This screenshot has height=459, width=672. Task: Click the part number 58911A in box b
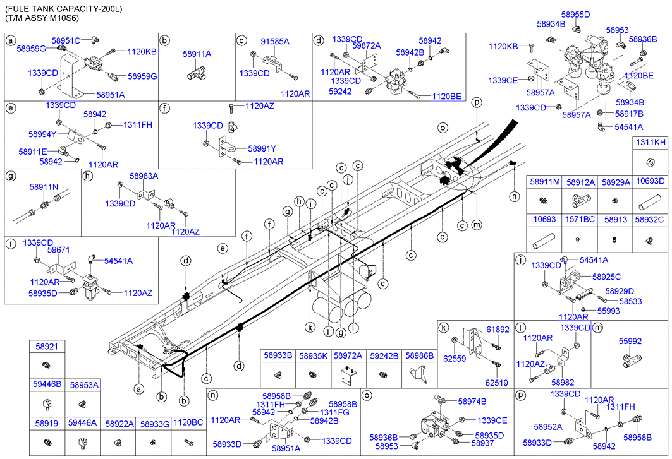[197, 55]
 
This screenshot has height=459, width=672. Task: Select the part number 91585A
[275, 41]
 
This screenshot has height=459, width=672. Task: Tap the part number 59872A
[367, 45]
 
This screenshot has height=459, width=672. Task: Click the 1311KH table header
[651, 143]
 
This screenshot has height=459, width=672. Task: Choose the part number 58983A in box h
[144, 176]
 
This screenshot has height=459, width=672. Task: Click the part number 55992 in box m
[630, 341]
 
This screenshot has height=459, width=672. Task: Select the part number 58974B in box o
[472, 401]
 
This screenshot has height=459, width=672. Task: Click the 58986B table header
[419, 356]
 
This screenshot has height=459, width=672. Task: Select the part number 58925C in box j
[606, 277]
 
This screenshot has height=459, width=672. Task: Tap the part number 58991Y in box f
[262, 149]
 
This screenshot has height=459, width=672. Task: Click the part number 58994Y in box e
[42, 134]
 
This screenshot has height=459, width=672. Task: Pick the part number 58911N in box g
[44, 187]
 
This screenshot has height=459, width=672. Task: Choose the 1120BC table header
[188, 424]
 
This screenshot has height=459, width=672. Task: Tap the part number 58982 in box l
[563, 383]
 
